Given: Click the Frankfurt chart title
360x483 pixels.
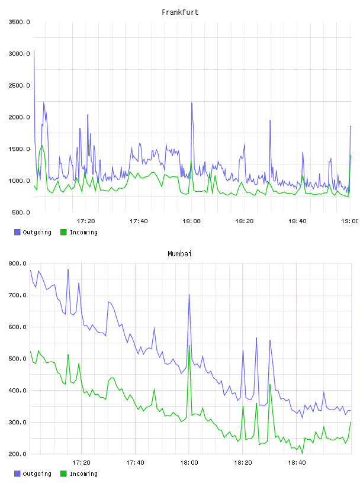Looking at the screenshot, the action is tap(180, 12).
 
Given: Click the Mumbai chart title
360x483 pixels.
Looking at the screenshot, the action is tap(179, 254).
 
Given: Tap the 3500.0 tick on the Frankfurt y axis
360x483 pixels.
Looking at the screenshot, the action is tap(19, 22).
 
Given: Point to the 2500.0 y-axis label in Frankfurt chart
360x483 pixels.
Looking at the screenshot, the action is tap(19, 85).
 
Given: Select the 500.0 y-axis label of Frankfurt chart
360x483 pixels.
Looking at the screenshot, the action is tap(21, 212).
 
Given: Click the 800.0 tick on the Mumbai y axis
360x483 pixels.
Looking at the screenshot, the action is tap(17, 263).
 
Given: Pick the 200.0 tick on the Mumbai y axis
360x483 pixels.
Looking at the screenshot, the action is tap(17, 454).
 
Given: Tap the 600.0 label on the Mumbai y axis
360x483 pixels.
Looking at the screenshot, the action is tap(17, 327).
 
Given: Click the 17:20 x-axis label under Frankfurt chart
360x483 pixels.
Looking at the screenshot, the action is tap(86, 221).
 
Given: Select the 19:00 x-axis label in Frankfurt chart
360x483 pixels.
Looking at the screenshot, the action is tap(349, 221).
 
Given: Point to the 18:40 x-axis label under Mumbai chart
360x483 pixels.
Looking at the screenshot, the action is tap(297, 462).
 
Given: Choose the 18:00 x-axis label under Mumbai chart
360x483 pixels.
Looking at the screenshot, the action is tap(189, 462).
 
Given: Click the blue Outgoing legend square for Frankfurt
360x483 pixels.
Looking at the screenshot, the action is tap(17, 232).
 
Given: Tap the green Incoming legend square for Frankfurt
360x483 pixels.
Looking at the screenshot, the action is tap(63, 232).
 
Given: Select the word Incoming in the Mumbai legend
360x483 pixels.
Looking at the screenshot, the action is tap(83, 474).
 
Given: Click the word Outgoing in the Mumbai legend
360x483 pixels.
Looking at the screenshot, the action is tap(37, 474).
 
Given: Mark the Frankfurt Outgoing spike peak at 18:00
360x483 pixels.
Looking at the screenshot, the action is tap(192, 103).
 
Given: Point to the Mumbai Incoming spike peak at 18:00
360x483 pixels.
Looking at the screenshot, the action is tap(189, 345).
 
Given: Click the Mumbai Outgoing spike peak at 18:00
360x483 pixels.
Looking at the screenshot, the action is tap(189, 295).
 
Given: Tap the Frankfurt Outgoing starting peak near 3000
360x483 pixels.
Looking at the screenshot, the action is tap(34, 50).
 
